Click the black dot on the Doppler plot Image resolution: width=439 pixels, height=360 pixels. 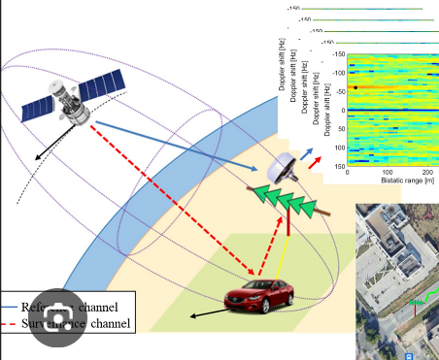coord(355,87)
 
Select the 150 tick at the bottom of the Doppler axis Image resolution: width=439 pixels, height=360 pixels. coord(340,166)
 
